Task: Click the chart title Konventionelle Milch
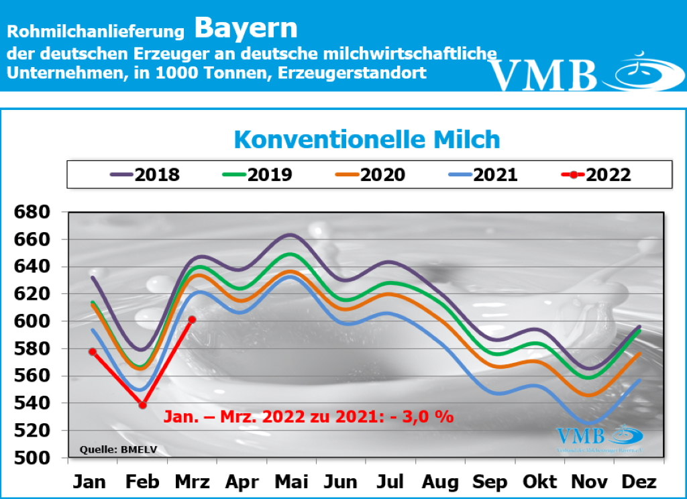point(367,140)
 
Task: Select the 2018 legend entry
point(145,175)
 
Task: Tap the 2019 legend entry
point(258,175)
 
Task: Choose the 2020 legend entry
point(370,175)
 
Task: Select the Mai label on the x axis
point(291,482)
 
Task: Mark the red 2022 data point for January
point(93,351)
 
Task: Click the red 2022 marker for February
point(142,404)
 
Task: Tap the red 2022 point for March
point(193,319)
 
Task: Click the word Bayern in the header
point(246,28)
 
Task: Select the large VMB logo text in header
point(543,74)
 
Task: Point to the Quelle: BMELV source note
point(118,449)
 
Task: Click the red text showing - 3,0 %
point(423,417)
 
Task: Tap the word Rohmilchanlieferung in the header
point(95,32)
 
